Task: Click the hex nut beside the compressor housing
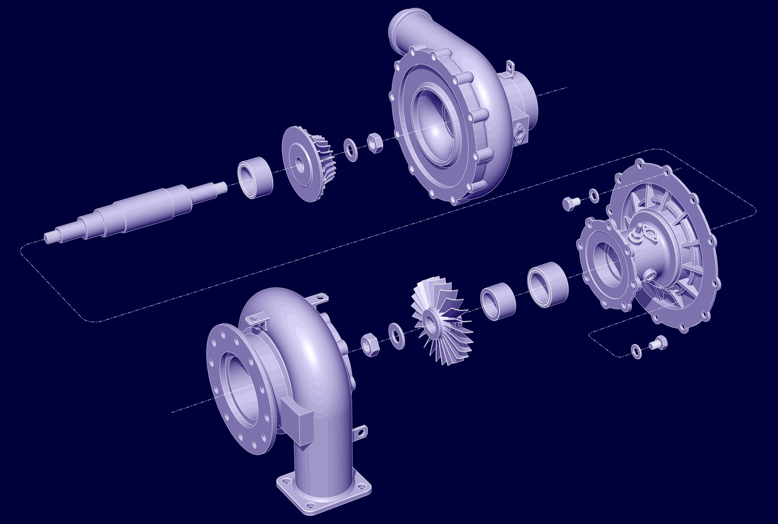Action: [374, 143]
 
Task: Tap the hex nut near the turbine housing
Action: [371, 344]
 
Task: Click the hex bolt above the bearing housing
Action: [570, 203]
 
